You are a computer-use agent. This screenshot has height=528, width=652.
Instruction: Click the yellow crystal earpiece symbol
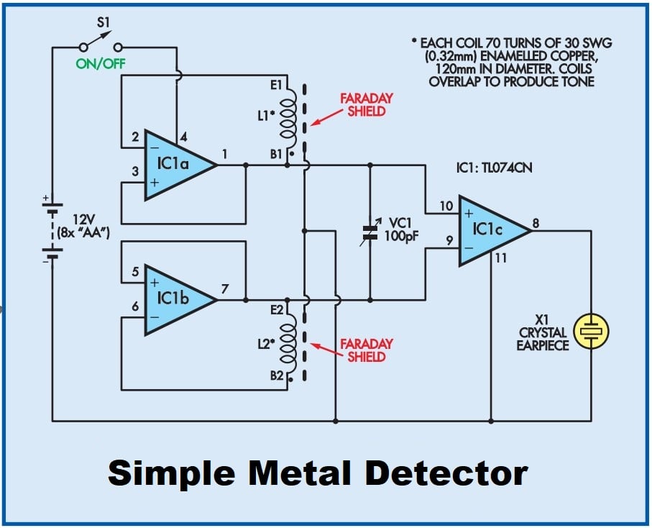(591, 331)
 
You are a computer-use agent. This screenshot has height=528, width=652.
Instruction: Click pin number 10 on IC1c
(446, 206)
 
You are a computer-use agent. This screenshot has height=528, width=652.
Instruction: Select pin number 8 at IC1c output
(536, 223)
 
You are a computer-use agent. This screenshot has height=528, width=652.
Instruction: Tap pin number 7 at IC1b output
(225, 288)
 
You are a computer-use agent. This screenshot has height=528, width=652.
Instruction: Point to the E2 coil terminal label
(278, 310)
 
